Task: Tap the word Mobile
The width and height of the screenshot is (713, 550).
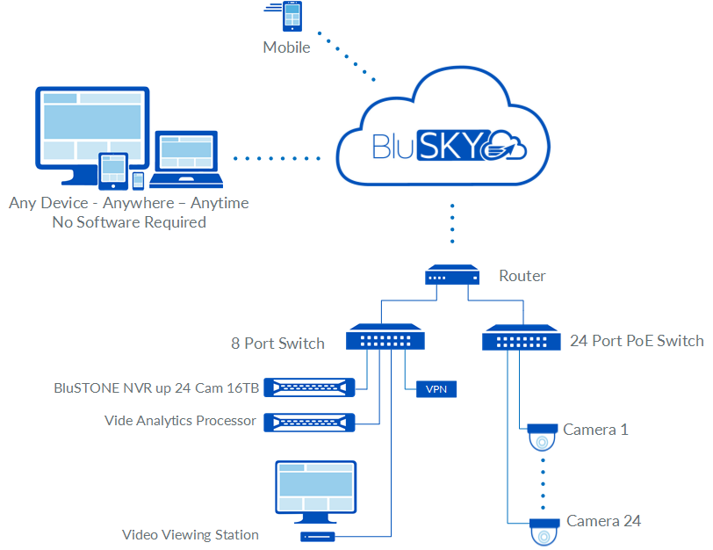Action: tap(286, 47)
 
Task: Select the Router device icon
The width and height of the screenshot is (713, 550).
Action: tap(453, 276)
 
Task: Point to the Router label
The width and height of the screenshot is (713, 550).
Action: tap(522, 276)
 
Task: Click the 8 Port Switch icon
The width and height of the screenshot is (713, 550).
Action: tap(386, 338)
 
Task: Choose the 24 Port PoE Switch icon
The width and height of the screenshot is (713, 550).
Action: tap(523, 338)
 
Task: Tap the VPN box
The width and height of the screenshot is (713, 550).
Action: tap(436, 388)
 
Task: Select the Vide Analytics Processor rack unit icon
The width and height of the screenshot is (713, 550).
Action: tap(314, 422)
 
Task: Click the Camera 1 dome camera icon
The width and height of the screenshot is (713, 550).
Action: tap(543, 436)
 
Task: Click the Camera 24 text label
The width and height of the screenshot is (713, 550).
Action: tap(603, 521)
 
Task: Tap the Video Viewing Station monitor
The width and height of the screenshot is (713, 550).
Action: tap(316, 488)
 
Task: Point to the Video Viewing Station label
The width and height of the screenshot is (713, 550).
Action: tap(191, 534)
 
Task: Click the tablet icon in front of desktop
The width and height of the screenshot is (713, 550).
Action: tap(113, 171)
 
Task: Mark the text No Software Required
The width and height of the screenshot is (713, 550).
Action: tap(129, 222)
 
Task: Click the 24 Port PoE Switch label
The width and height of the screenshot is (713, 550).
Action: tap(637, 341)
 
